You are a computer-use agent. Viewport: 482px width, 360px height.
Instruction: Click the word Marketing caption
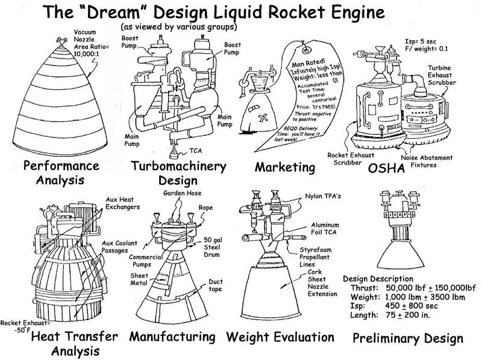click(285, 168)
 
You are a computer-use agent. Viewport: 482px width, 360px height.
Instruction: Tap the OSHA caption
click(386, 168)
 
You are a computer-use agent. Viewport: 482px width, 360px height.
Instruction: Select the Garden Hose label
click(183, 193)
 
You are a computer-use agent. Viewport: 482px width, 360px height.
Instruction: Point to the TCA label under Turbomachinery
click(195, 151)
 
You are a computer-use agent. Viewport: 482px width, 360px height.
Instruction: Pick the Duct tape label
click(216, 285)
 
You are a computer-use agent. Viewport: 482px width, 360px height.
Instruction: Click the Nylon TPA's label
click(323, 197)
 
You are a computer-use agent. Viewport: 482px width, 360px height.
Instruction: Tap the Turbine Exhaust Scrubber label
click(442, 75)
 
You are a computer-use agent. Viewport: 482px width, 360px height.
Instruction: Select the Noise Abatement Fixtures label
click(427, 161)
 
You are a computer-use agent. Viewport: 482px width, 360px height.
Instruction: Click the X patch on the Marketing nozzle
click(263, 118)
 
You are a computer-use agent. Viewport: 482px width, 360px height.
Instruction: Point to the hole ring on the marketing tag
click(305, 49)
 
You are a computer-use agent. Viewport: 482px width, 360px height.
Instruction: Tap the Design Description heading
click(378, 279)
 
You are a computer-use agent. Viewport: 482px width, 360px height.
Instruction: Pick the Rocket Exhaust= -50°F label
click(25, 326)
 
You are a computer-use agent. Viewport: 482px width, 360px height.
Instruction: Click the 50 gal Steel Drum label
click(213, 247)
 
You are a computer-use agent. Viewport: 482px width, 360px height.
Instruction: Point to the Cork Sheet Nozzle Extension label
click(322, 283)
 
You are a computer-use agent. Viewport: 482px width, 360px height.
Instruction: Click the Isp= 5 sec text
click(420, 42)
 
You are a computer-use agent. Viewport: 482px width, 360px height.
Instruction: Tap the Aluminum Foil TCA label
click(325, 229)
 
